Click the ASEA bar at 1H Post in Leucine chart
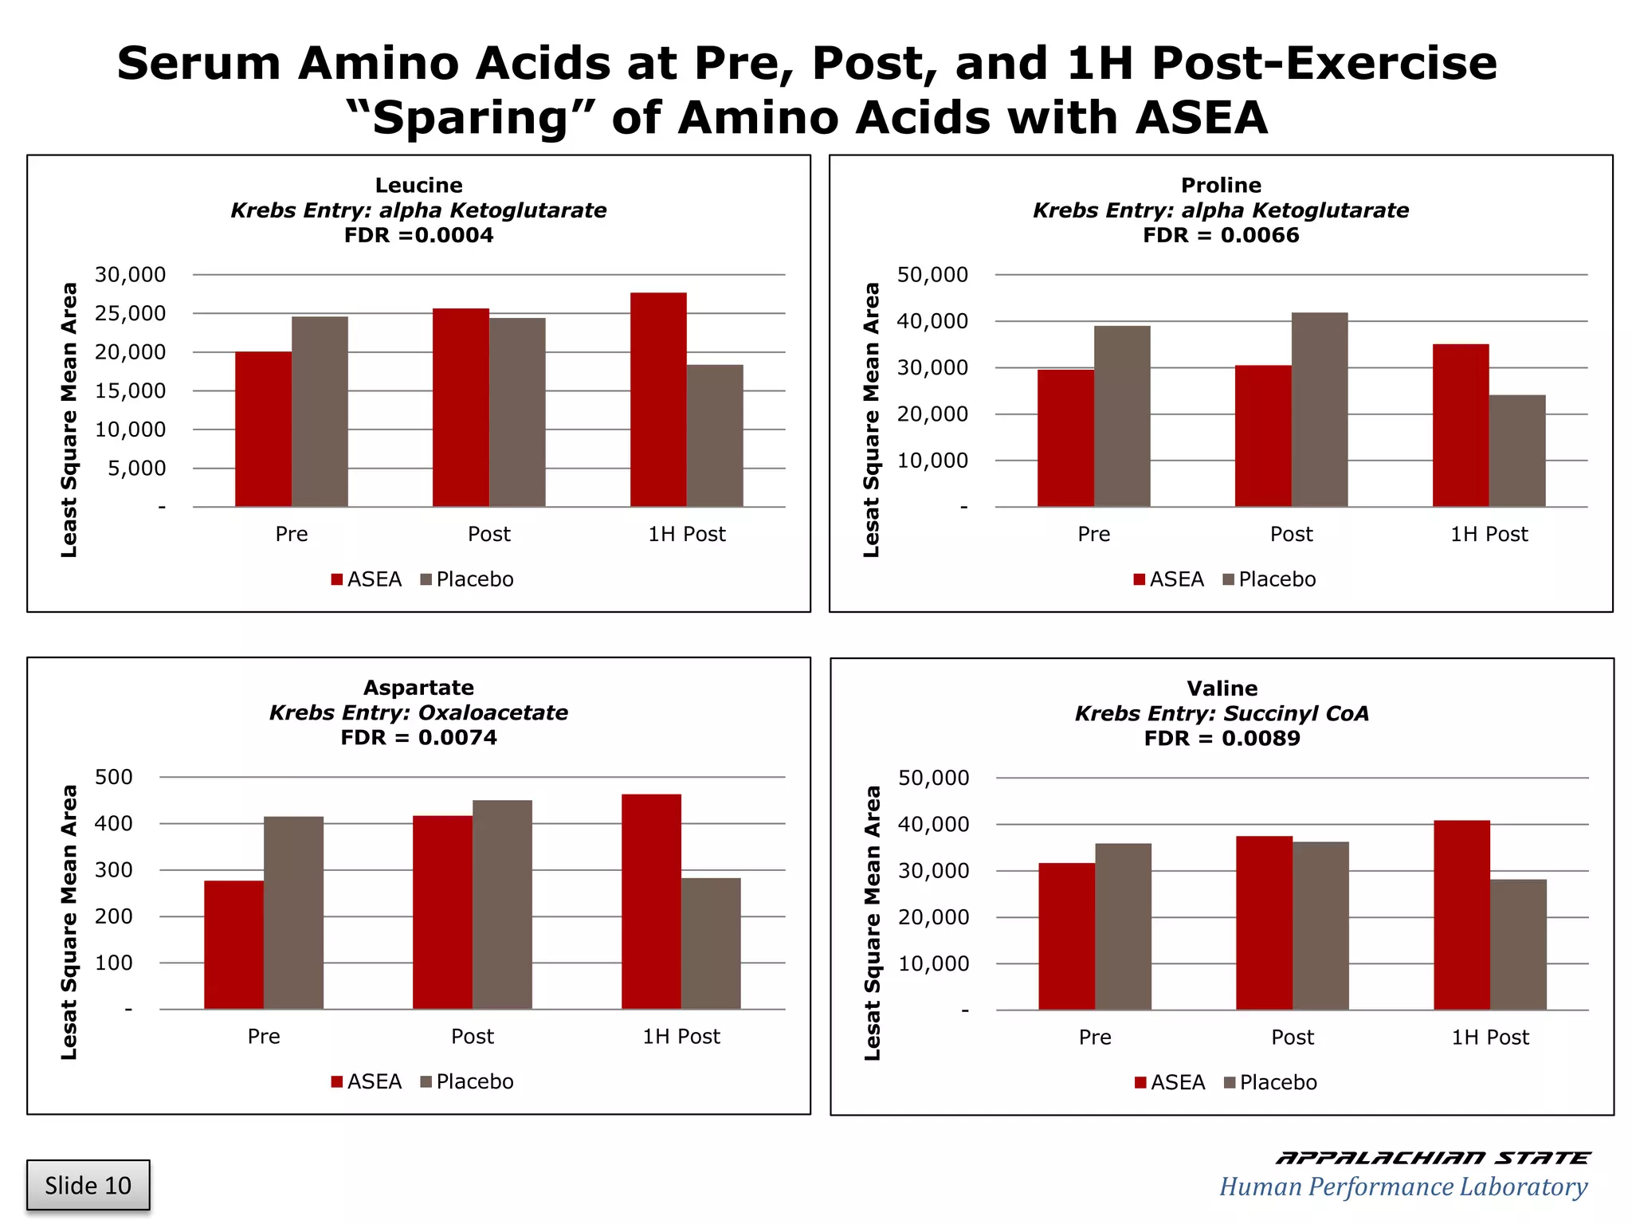pyautogui.click(x=658, y=399)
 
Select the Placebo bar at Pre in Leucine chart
pyautogui.click(x=320, y=411)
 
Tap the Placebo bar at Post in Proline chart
pyautogui.click(x=1320, y=410)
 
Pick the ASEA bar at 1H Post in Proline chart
pyautogui.click(x=1461, y=425)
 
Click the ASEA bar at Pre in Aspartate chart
pyautogui.click(x=233, y=944)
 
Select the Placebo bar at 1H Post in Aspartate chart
pyautogui.click(x=711, y=943)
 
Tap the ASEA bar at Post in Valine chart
pyautogui.click(x=1264, y=923)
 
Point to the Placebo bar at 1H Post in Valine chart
pyautogui.click(x=1518, y=944)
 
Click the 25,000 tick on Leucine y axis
pyautogui.click(x=130, y=313)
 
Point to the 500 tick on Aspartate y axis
pyautogui.click(x=113, y=777)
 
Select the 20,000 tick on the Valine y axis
pyautogui.click(x=933, y=917)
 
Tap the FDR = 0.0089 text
pyautogui.click(x=1222, y=738)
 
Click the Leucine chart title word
pyautogui.click(x=418, y=185)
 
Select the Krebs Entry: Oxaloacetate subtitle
pyautogui.click(x=418, y=712)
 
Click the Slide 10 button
pyautogui.click(x=88, y=1185)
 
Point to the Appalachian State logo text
pyautogui.click(x=1431, y=1158)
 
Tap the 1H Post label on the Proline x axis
pyautogui.click(x=1489, y=534)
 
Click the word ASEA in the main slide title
pyautogui.click(x=1201, y=118)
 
